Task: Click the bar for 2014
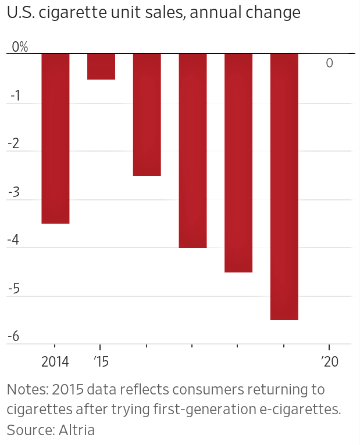55,138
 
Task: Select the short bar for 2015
101,66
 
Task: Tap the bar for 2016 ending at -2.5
147,114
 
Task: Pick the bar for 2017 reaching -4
193,150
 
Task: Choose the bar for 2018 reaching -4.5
238,163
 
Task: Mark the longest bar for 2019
284,186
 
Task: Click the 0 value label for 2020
330,63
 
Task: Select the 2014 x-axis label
55,362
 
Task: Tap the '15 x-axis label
101,362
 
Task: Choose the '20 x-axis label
330,362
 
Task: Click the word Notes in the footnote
24,389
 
